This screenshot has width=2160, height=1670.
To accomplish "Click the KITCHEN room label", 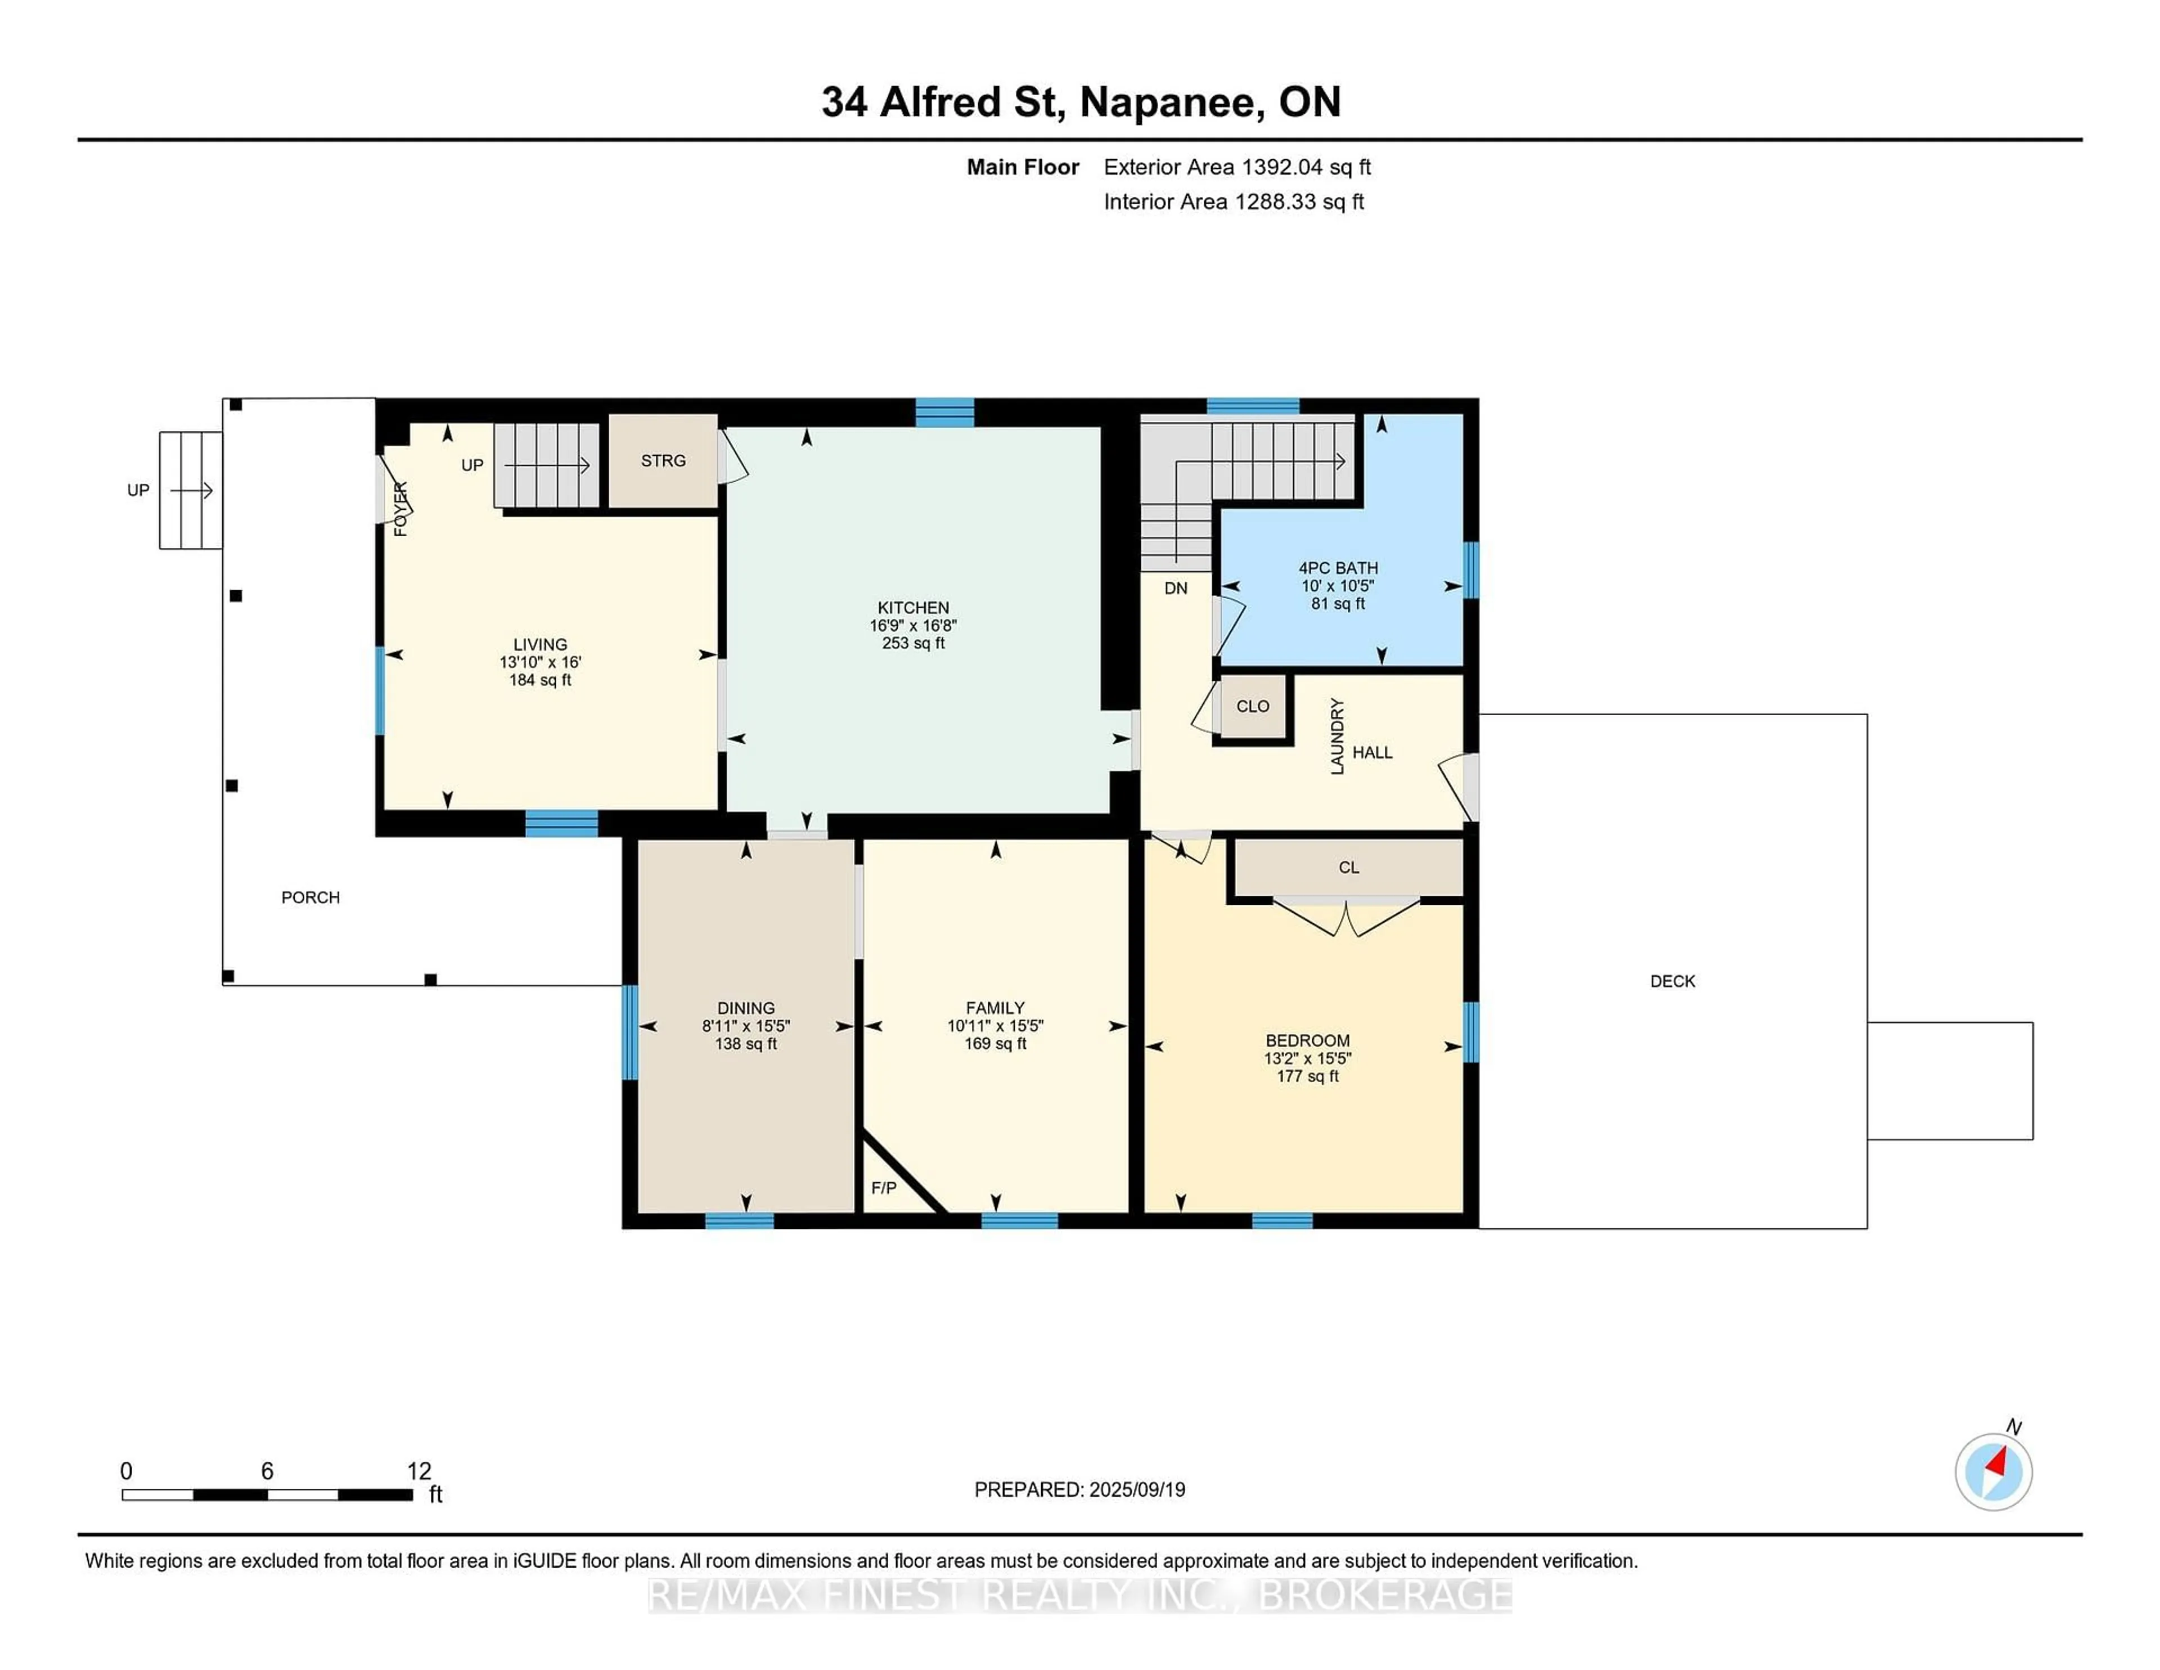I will pyautogui.click(x=913, y=608).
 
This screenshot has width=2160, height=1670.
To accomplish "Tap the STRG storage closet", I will pyautogui.click(x=663, y=461).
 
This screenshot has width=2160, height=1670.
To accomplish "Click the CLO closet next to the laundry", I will pyautogui.click(x=1252, y=706).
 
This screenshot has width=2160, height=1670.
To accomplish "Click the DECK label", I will pyautogui.click(x=1672, y=981).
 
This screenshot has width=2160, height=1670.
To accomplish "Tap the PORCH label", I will pyautogui.click(x=310, y=897).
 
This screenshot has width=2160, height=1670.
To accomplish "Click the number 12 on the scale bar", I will pyautogui.click(x=419, y=1471).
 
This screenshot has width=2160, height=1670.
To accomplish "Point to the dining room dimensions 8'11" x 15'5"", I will pyautogui.click(x=746, y=1026).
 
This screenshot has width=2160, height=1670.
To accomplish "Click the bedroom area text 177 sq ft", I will pyautogui.click(x=1307, y=1076).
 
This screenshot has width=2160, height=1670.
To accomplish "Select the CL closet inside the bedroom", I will pyautogui.click(x=1348, y=868).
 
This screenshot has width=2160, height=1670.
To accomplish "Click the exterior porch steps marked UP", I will pyautogui.click(x=191, y=490).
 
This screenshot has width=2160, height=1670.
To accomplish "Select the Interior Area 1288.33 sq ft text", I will pyautogui.click(x=1234, y=202).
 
